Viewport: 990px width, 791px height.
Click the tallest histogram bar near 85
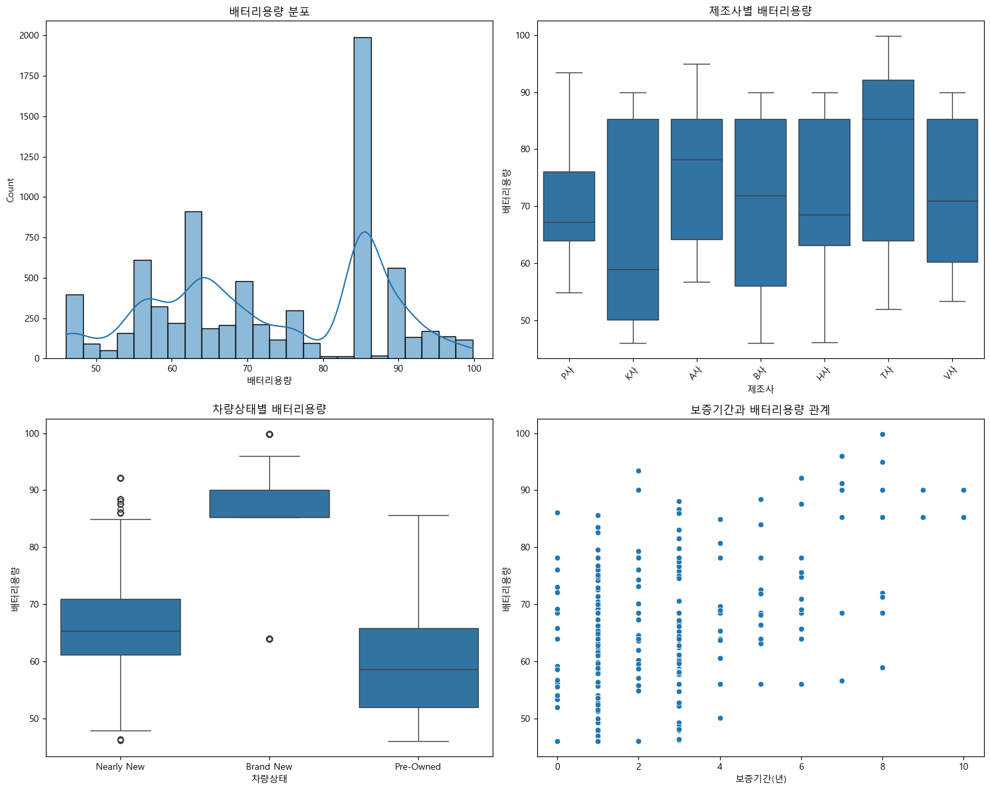(362, 199)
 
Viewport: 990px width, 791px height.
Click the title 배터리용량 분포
(269, 11)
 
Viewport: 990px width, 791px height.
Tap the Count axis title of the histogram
(10, 190)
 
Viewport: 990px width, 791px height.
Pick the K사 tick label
(631, 374)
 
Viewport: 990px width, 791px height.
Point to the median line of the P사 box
(568, 222)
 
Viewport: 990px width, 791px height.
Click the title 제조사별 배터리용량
(760, 11)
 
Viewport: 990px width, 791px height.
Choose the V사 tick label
(950, 374)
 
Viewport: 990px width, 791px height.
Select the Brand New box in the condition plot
(269, 503)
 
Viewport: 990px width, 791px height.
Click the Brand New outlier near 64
(269, 639)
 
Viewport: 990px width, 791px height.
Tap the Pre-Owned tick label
(418, 766)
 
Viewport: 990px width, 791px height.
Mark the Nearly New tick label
(120, 766)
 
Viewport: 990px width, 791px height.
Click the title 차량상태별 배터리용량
(269, 409)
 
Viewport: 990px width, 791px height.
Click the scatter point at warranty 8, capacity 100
(882, 434)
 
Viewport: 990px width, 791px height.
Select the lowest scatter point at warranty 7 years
(842, 681)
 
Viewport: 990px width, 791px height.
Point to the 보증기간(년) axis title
(760, 778)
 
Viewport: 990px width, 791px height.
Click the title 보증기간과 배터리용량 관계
(760, 409)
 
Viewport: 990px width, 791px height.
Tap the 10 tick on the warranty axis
(963, 766)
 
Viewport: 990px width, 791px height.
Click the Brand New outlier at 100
(269, 434)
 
